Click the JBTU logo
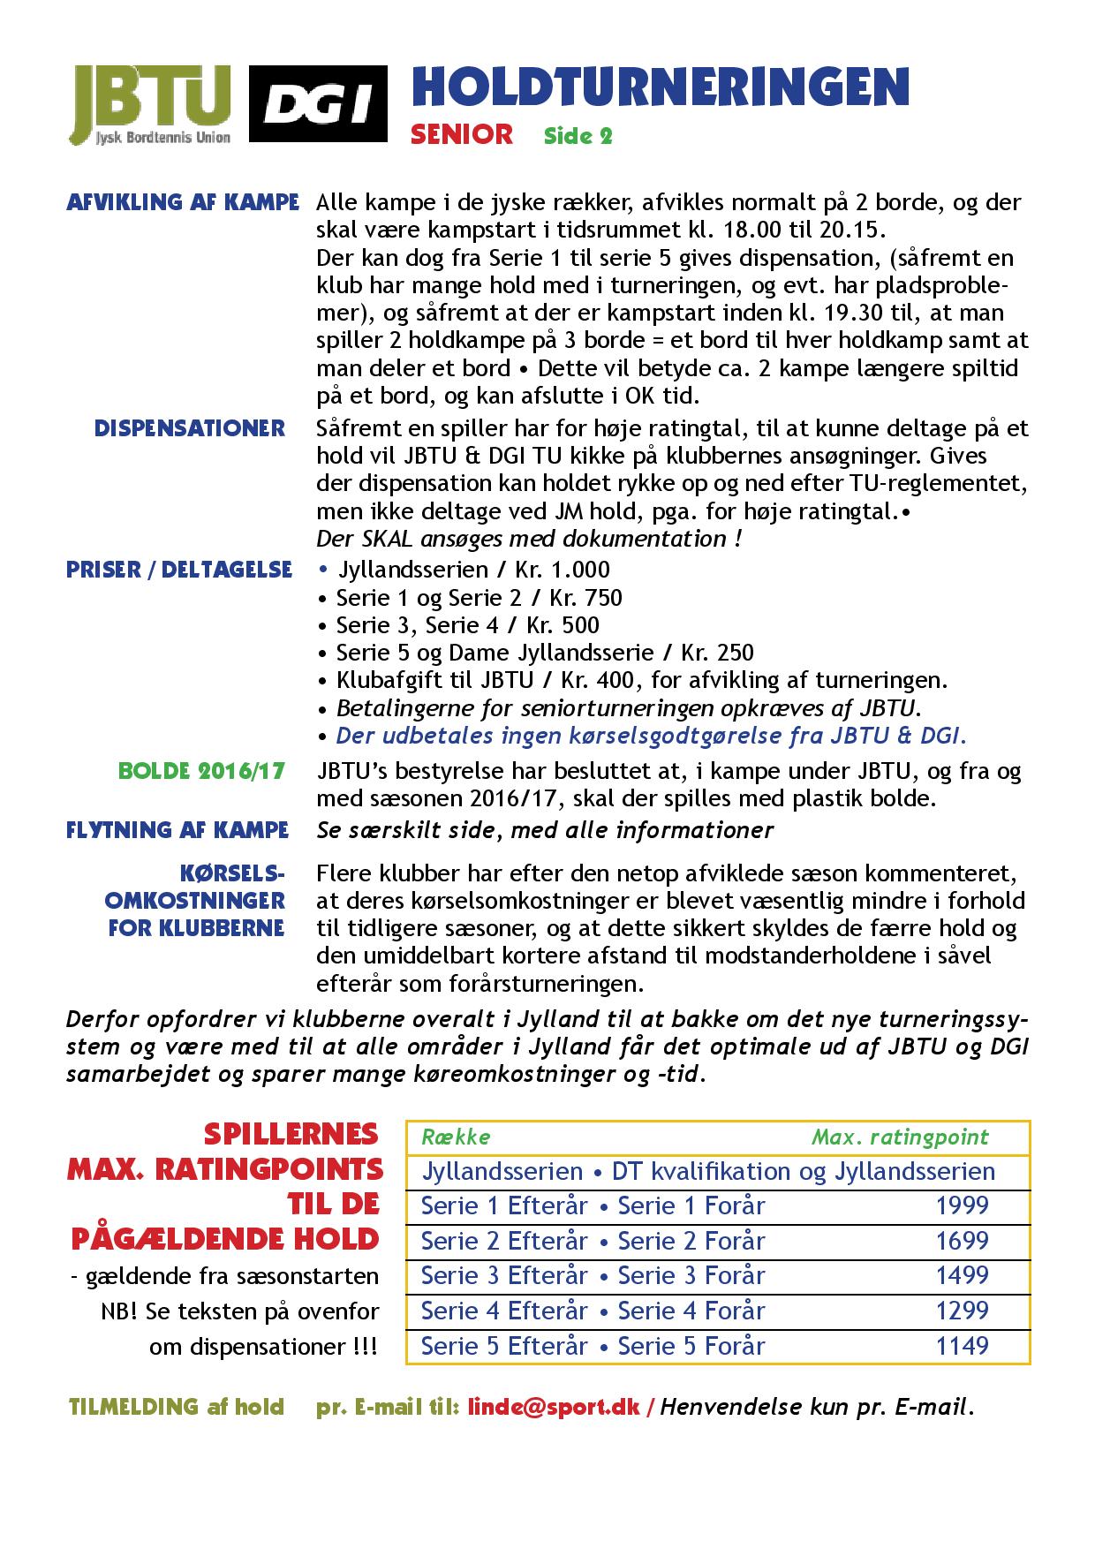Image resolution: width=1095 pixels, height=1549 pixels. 152,103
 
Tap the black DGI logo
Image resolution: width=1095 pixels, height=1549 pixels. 318,103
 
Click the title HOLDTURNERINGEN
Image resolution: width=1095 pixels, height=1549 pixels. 661,87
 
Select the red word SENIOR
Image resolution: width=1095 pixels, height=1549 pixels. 462,134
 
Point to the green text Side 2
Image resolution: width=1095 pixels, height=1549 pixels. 578,136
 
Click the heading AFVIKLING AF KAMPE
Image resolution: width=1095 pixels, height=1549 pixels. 183,202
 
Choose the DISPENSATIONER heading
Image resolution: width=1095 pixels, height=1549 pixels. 190,428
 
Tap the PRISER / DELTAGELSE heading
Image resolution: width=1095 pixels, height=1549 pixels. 179,570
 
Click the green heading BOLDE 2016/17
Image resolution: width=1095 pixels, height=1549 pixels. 202,771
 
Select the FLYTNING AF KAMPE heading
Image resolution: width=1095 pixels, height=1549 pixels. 177,830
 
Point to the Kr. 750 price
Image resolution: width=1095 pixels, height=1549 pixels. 585,598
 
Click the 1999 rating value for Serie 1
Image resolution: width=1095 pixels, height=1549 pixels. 962,1206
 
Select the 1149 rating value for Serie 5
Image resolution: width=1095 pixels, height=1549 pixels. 962,1346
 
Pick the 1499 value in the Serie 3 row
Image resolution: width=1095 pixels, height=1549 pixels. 962,1276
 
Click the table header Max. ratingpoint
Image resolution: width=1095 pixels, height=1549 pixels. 900,1137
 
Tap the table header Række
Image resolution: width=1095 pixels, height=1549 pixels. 456,1137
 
